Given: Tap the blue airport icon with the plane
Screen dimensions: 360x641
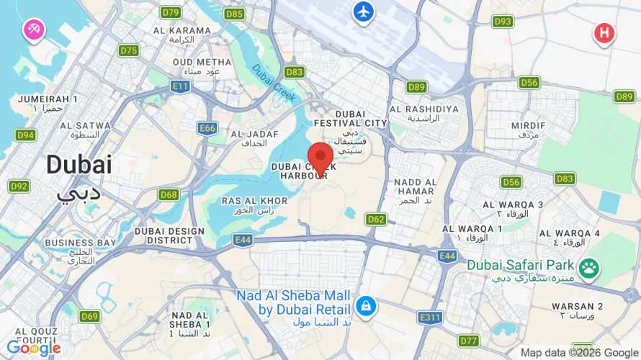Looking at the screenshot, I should coord(364,12).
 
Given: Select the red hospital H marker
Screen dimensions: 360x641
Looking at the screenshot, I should coord(604,32).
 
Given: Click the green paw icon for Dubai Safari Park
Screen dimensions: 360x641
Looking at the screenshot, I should coord(590,268).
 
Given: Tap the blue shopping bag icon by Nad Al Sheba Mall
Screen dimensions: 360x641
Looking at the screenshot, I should coord(366,305).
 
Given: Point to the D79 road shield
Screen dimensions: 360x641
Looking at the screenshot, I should coord(171,12).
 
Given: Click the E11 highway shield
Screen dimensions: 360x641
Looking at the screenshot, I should coord(180,86).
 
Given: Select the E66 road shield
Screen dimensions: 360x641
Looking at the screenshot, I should coord(207,128).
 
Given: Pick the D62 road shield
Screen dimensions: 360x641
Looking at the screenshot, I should coord(376,218).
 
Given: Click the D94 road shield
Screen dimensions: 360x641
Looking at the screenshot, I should coord(26,135).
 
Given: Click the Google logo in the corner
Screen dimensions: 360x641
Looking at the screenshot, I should coord(33,348).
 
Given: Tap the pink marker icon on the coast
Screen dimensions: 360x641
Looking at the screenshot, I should coord(34,30).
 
